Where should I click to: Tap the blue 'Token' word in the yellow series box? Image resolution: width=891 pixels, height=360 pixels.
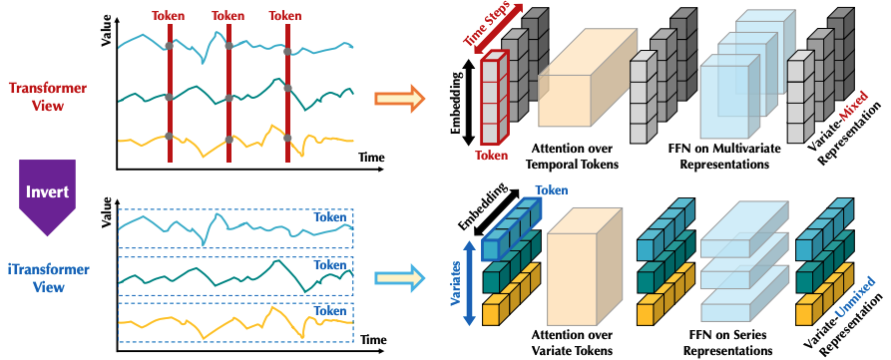(332, 309)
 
